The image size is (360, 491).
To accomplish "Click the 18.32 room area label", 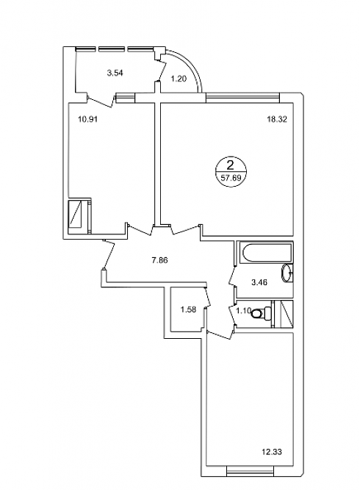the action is coord(277,119).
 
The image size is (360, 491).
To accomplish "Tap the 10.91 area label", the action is coord(87,119).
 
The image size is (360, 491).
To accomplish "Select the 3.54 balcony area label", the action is coord(115,74).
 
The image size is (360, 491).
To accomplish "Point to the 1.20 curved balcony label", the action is coord(179,79).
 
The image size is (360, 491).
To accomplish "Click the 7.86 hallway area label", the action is coord(159,260).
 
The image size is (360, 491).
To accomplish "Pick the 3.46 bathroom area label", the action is coord(259,282).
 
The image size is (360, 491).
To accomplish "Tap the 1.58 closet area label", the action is coord(188,309).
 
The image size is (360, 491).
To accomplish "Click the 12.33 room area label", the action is coord(272,452).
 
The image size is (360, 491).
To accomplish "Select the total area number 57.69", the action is coord(231,179).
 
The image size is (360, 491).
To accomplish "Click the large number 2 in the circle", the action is coord(231,165).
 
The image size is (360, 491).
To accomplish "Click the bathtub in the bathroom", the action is coord(266,252).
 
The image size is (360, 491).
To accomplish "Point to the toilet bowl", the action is coord(258,313).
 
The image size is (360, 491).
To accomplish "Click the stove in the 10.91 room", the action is coord(79,216).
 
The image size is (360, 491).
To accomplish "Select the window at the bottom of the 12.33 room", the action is coord(250,469).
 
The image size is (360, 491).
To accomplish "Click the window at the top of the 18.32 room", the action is coord(243,98).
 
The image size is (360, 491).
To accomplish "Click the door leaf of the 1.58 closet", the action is coord(207,296).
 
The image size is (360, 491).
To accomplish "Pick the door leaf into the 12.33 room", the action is coord(219,334).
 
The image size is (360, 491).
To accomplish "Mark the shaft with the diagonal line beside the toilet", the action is coord(284,314).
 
